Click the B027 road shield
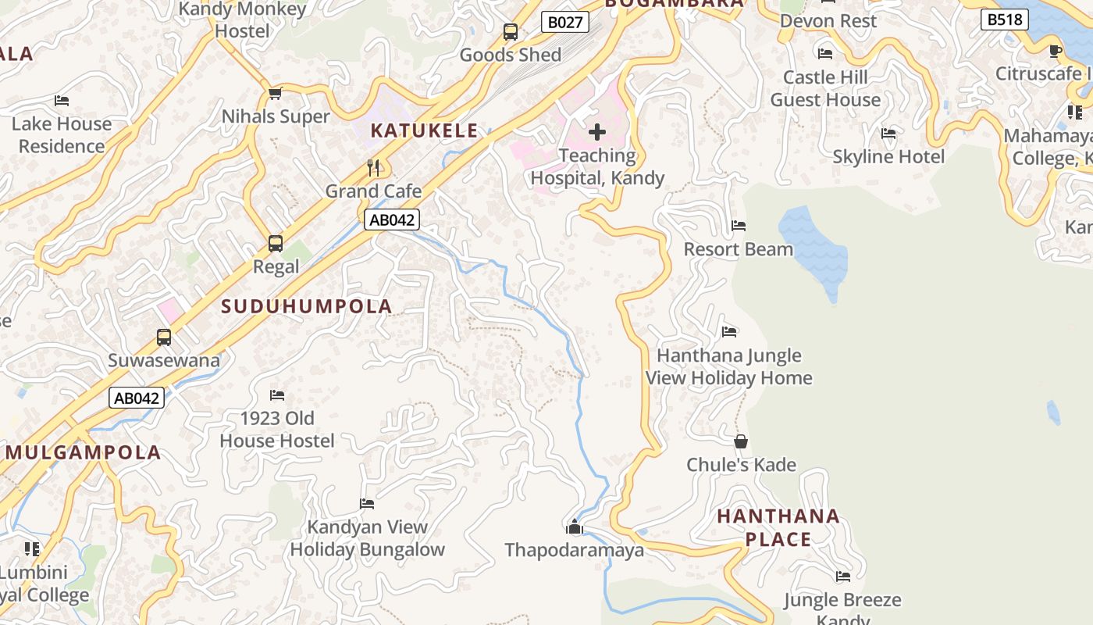click(564, 22)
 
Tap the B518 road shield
click(1004, 20)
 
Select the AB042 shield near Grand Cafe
click(391, 220)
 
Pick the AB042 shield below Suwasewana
click(137, 398)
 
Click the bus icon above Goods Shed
click(511, 32)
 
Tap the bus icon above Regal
click(276, 243)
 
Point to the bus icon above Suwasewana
click(164, 337)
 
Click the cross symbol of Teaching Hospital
click(597, 132)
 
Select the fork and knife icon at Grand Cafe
click(373, 167)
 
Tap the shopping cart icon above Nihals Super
click(275, 94)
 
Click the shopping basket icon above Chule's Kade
click(741, 441)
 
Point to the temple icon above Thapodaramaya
click(575, 527)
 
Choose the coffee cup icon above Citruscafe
click(1056, 51)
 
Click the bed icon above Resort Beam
click(739, 226)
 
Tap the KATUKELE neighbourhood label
click(424, 130)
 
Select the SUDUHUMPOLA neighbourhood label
click(307, 306)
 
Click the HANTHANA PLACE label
click(778, 527)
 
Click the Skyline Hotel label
click(888, 156)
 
